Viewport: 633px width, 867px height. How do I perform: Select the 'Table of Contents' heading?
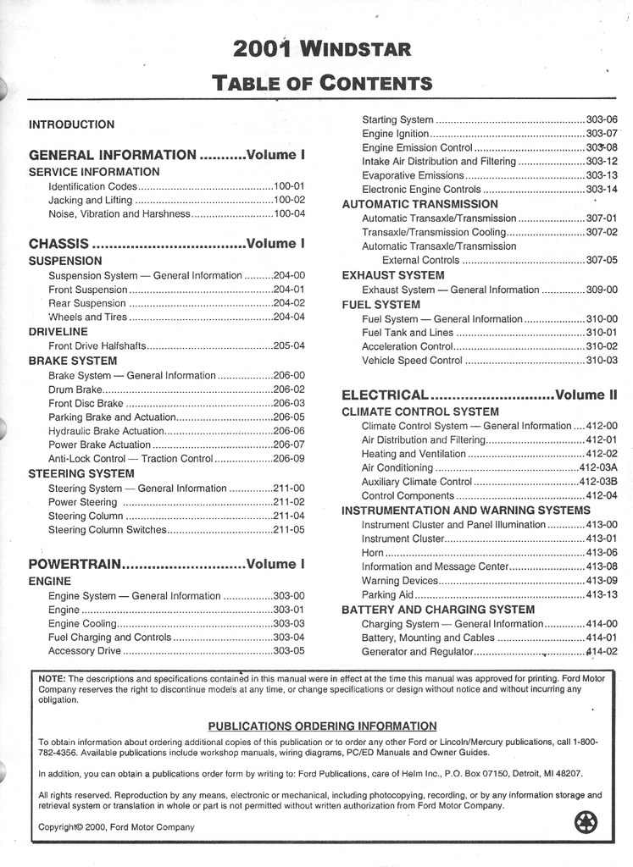tap(322, 83)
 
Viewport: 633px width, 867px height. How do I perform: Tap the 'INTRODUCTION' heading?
tap(71, 124)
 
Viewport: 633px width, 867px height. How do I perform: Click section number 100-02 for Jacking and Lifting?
tap(288, 200)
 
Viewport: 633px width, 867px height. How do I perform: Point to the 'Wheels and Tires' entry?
tap(88, 317)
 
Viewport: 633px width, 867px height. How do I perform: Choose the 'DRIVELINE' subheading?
tap(58, 332)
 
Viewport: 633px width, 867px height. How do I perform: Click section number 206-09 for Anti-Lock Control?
tap(288, 459)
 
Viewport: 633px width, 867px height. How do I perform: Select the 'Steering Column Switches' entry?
tap(108, 530)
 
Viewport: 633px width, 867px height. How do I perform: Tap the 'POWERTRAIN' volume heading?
tap(75, 564)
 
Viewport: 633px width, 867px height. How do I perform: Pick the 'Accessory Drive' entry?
tap(85, 651)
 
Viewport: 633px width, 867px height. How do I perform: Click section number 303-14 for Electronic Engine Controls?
tap(602, 190)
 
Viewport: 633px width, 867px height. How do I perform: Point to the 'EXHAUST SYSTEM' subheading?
tap(392, 275)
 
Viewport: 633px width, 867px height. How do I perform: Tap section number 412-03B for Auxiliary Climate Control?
tap(598, 482)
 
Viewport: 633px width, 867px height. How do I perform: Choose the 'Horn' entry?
tap(373, 553)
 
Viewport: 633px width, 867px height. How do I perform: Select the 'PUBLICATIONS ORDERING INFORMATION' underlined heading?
tap(322, 726)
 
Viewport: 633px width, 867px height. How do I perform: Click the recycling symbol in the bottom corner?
tap(586, 821)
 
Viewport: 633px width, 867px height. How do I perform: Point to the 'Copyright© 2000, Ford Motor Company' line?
tap(116, 827)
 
